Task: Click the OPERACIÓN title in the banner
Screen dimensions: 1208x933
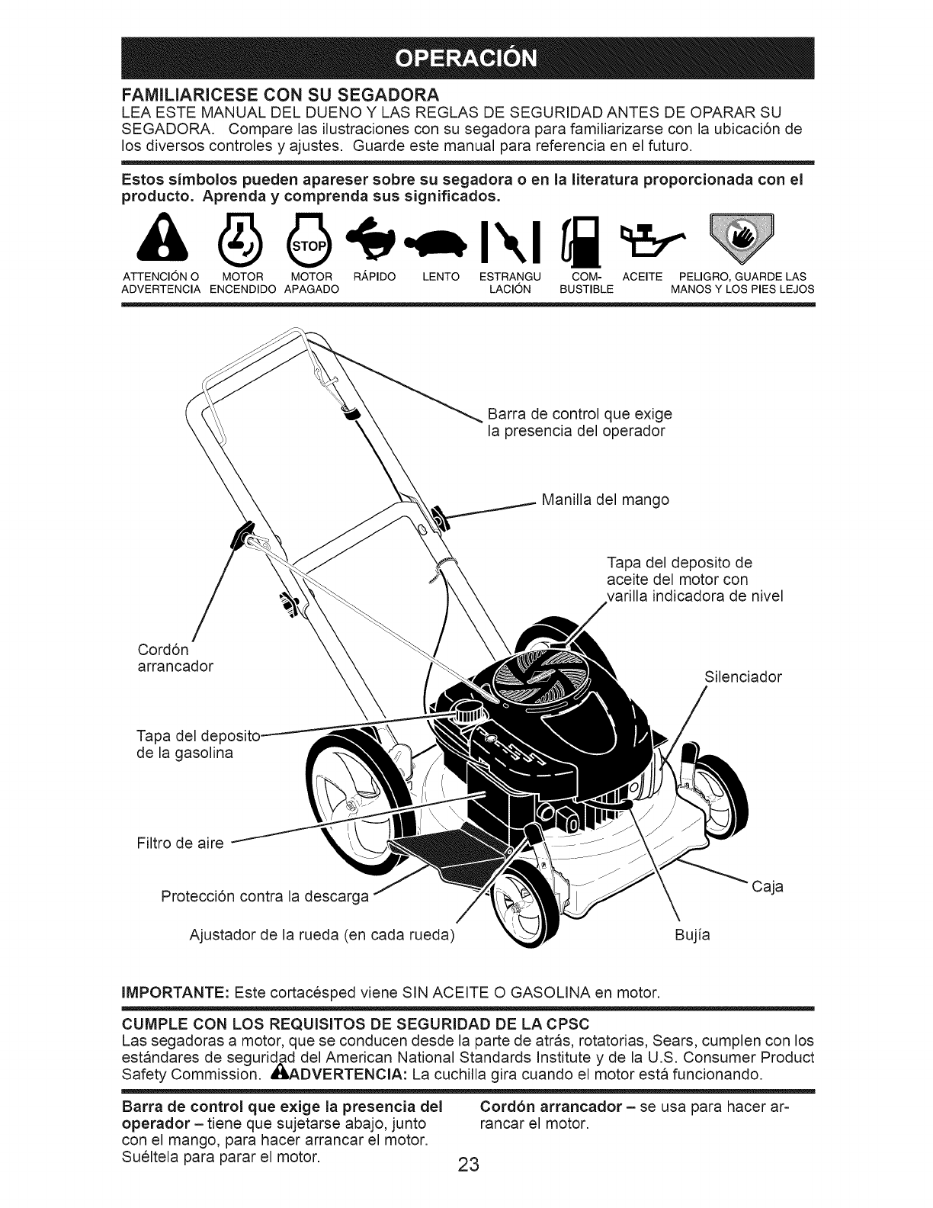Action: pyautogui.click(x=466, y=58)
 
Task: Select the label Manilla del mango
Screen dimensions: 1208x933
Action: pyautogui.click(x=604, y=500)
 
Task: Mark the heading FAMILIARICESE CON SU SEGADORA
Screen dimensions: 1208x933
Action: pyautogui.click(x=280, y=95)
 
